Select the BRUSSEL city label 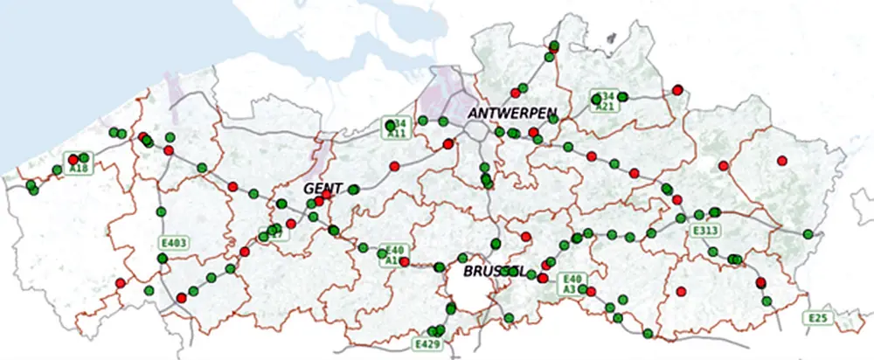tap(494, 272)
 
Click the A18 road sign tap(78, 164)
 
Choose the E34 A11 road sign tap(398, 128)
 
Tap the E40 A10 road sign tap(394, 255)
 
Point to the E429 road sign tap(427, 344)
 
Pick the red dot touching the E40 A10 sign tap(404, 261)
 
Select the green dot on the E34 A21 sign tap(596, 100)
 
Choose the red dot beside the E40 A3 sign tap(543, 278)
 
